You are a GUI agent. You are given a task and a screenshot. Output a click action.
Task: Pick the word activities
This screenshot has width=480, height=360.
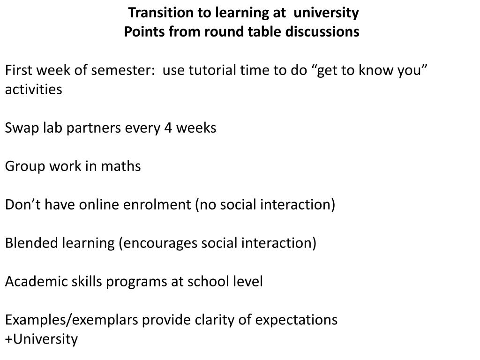[x=34, y=90]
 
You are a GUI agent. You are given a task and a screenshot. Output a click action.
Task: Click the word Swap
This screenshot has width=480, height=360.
[x=22, y=128]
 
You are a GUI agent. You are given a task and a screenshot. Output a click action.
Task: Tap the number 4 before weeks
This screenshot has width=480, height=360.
[x=168, y=128]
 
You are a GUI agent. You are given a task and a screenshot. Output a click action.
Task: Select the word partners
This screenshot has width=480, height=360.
[x=94, y=128]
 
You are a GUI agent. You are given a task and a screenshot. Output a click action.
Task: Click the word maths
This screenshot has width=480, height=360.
[x=121, y=166]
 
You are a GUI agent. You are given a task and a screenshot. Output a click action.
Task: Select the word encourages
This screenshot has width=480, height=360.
[x=158, y=244]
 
